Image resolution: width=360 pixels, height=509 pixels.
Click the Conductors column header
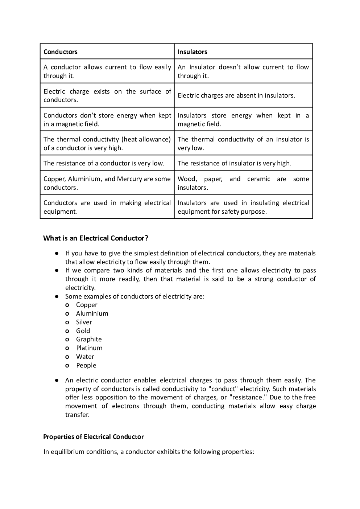tap(61, 52)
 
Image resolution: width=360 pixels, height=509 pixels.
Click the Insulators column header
tap(192, 52)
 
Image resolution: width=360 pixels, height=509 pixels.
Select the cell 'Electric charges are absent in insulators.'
tap(236, 95)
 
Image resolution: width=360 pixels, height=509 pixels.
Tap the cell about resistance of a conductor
tap(104, 163)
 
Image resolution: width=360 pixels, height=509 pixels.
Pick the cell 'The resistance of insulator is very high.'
tap(234, 163)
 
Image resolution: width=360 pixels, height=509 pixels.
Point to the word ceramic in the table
tap(258, 179)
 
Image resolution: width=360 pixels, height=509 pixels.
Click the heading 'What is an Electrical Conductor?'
tap(96, 238)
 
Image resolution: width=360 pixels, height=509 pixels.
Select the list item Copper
tap(87, 305)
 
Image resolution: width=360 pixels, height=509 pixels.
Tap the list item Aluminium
tap(92, 313)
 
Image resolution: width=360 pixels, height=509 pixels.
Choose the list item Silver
tap(84, 322)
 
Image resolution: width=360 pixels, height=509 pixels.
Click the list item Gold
tap(83, 331)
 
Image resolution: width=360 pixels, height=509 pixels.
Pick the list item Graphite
tap(89, 339)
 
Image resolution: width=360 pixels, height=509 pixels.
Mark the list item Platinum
tap(89, 348)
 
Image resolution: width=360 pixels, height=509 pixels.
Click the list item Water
tap(85, 357)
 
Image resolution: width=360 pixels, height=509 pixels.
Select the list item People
tap(86, 365)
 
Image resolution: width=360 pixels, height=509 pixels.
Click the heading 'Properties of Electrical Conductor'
tap(94, 437)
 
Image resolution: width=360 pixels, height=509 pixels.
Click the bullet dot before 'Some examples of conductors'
tap(57, 296)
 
